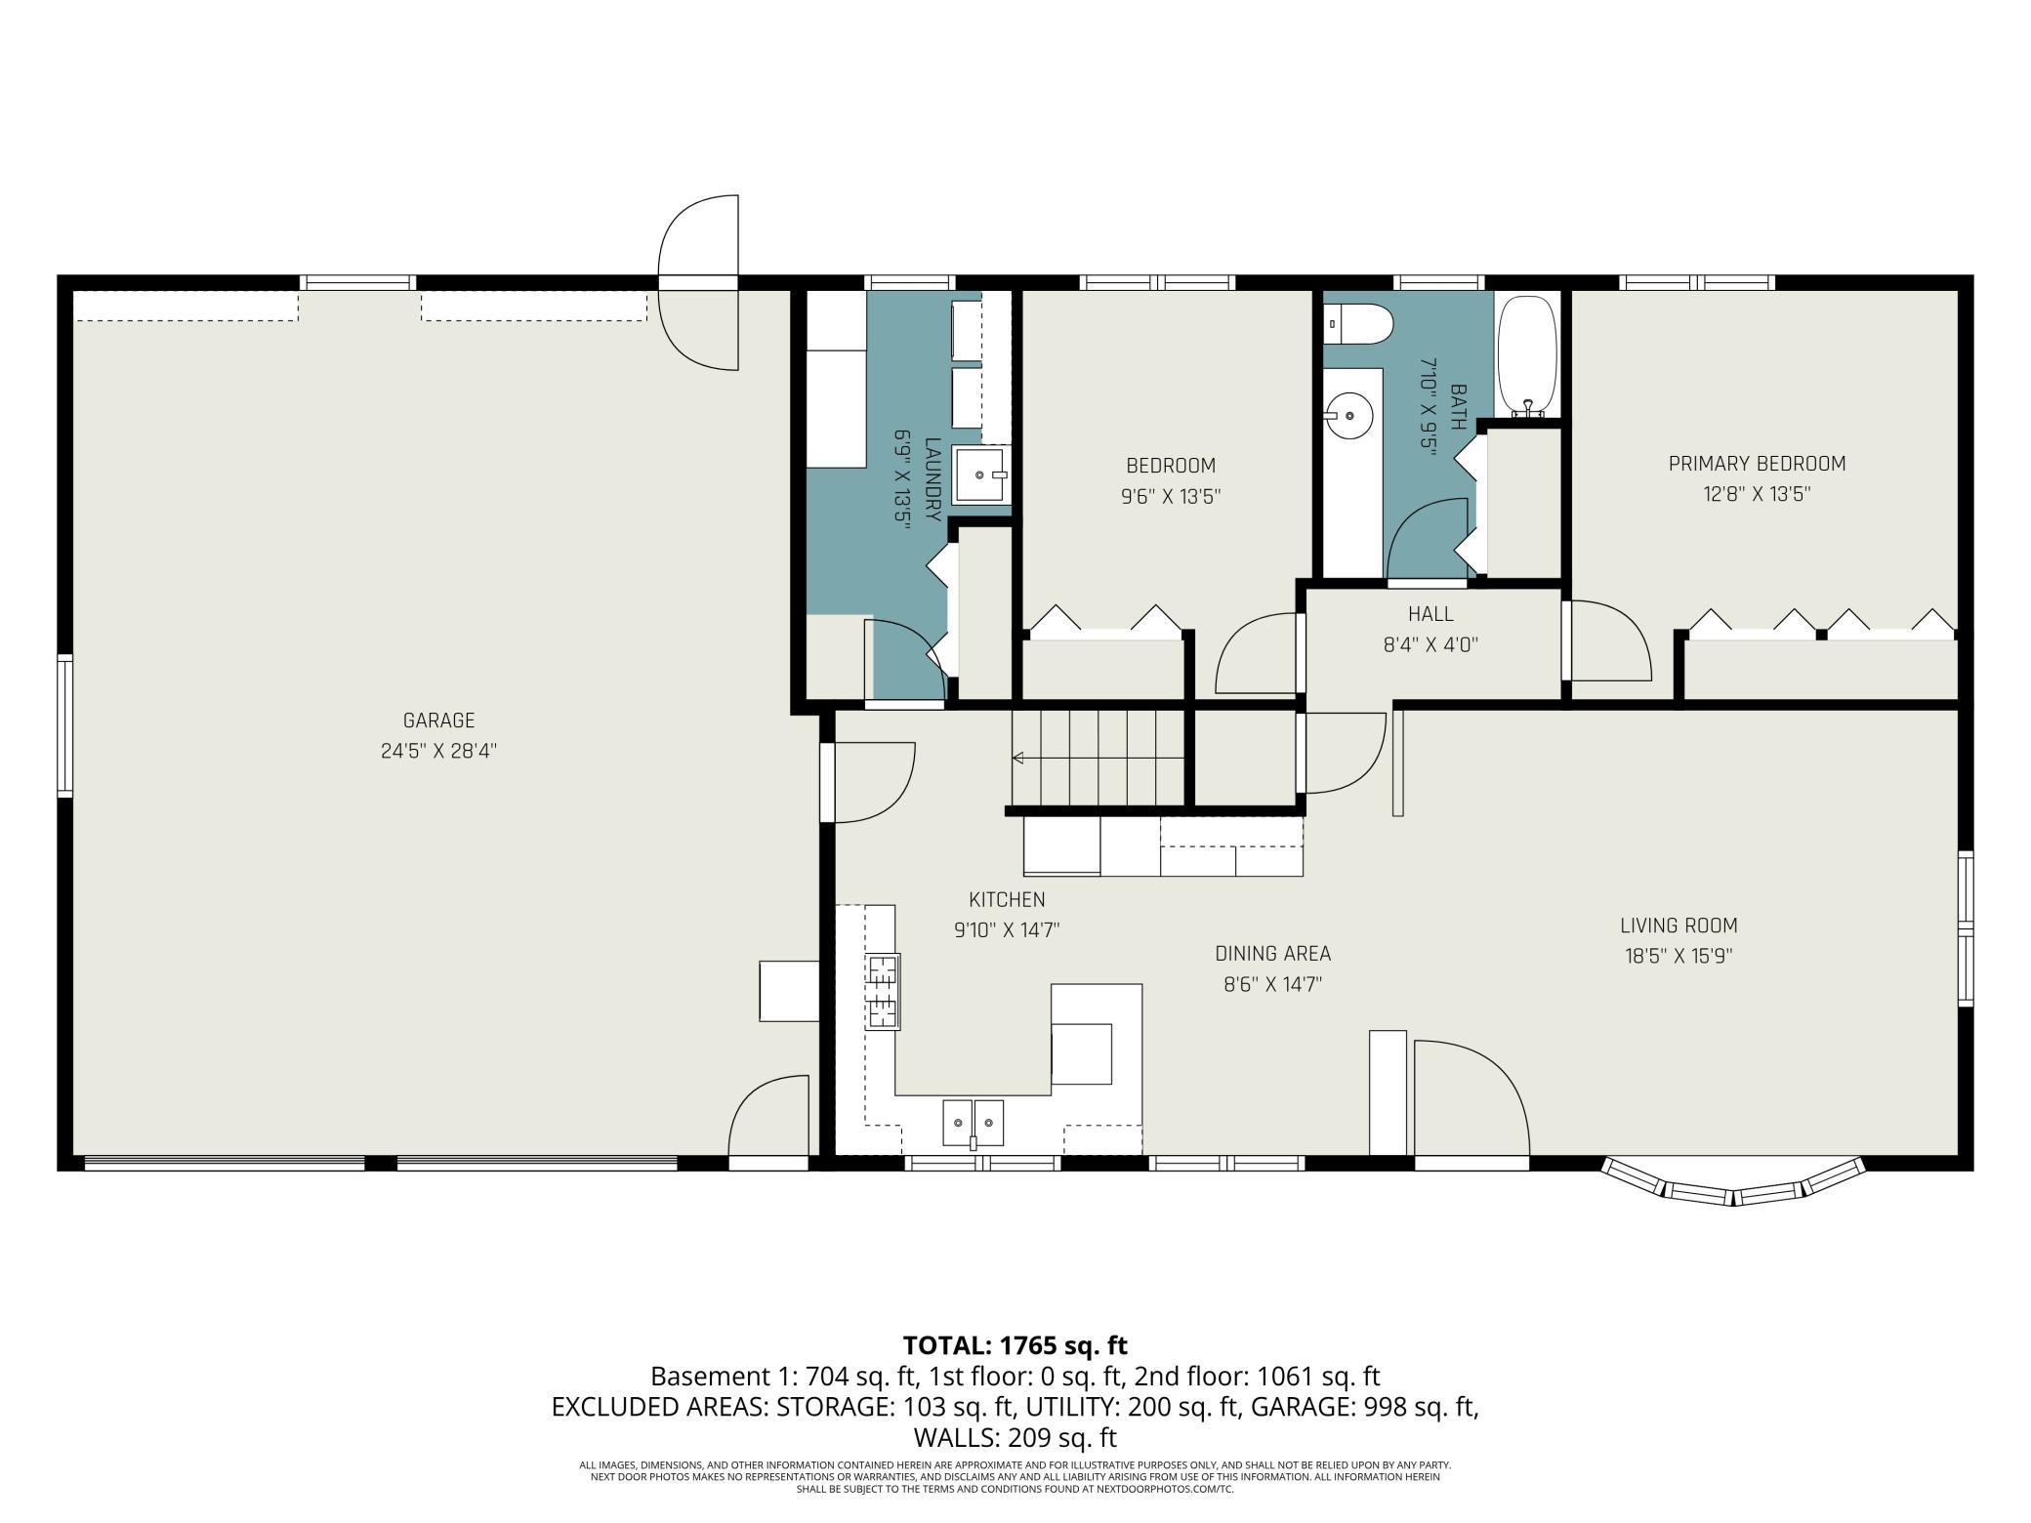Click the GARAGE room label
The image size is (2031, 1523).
(438, 720)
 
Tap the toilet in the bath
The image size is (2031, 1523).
(1357, 323)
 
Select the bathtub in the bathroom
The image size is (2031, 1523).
(1528, 355)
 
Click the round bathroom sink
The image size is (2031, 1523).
(1349, 416)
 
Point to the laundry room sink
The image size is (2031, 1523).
(980, 474)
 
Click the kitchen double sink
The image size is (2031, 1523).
(974, 1123)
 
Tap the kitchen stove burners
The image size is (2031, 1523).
(883, 991)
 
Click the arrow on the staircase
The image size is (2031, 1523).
(1098, 758)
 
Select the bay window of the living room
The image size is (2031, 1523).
(1733, 1183)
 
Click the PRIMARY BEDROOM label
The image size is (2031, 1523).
(1757, 464)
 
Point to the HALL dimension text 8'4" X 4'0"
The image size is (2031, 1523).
(1430, 644)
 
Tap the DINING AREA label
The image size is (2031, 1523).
(1272, 954)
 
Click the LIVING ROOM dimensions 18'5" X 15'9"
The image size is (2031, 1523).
(1679, 956)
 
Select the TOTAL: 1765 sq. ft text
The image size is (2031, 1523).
(1015, 1345)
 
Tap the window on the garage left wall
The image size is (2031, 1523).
(64, 725)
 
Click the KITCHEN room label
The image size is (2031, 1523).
(1007, 900)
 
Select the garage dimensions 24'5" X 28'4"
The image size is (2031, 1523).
(438, 751)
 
